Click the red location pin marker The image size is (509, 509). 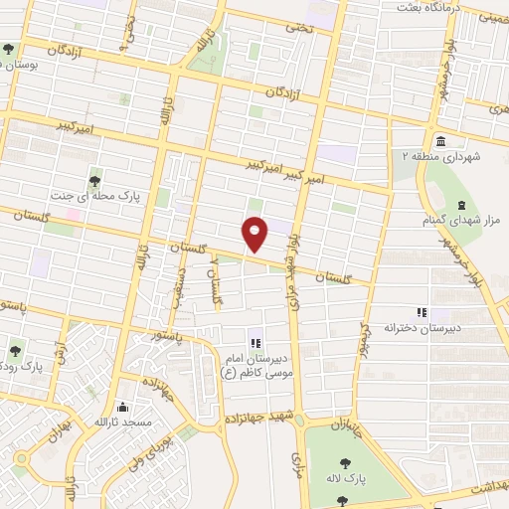[x=255, y=234]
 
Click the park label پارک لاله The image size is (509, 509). [x=344, y=480]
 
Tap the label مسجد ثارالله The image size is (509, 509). [x=123, y=424]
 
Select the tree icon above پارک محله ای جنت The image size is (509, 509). [x=93, y=180]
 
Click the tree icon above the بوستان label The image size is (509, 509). [x=9, y=48]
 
